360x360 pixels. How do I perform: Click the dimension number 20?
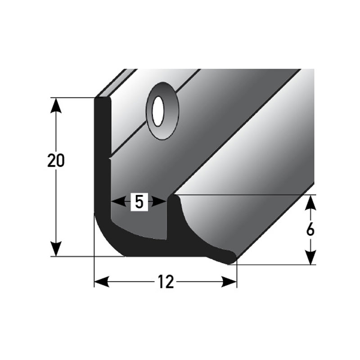(x=56, y=161)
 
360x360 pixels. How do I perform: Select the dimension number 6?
(x=310, y=229)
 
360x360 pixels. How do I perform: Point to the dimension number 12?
(x=165, y=282)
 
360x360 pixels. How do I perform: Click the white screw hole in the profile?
(x=157, y=111)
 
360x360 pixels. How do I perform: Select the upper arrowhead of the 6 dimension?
(x=310, y=202)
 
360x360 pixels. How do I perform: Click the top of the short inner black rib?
(x=174, y=198)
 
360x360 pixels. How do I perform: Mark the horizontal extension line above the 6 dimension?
(x=247, y=195)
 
